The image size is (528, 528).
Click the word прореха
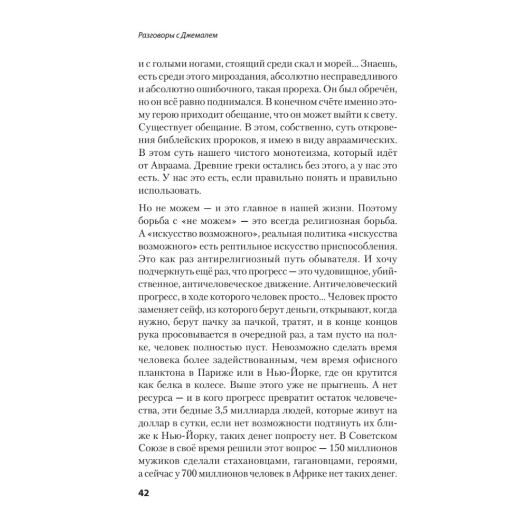pyautogui.click(x=309, y=91)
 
